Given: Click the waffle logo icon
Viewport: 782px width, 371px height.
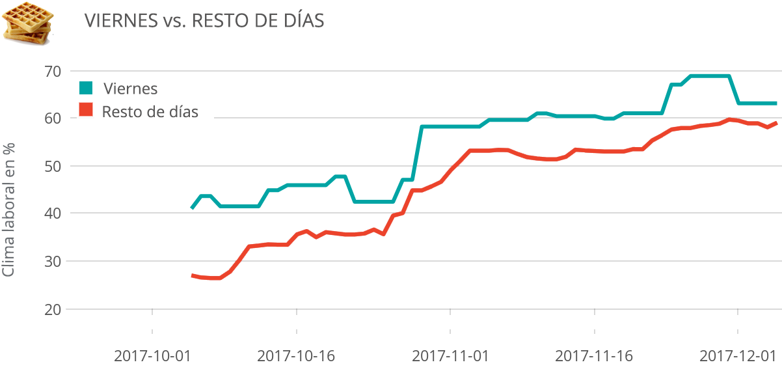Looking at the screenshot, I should [28, 22].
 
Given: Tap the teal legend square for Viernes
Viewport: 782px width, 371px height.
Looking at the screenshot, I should [86, 87].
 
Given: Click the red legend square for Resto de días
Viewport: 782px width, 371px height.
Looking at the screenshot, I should [86, 110].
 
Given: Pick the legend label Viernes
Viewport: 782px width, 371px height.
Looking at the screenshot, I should [131, 88].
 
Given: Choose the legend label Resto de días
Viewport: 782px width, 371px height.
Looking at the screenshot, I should [150, 111].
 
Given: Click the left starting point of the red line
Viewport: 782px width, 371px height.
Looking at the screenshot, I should [193, 275].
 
